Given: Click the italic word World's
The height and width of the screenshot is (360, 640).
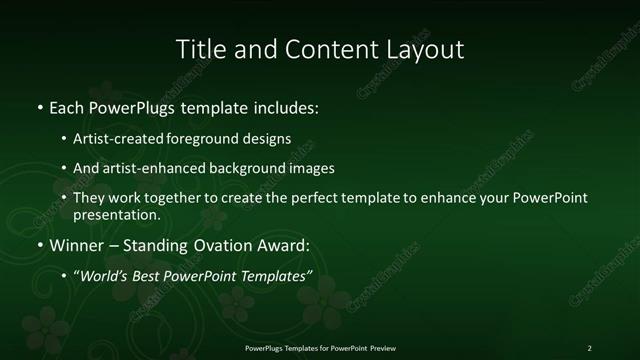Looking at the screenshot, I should pos(106,275).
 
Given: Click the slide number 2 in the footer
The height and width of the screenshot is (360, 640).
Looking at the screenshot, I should pos(589,348).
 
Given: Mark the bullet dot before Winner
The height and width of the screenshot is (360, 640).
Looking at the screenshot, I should pos(39,245).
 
